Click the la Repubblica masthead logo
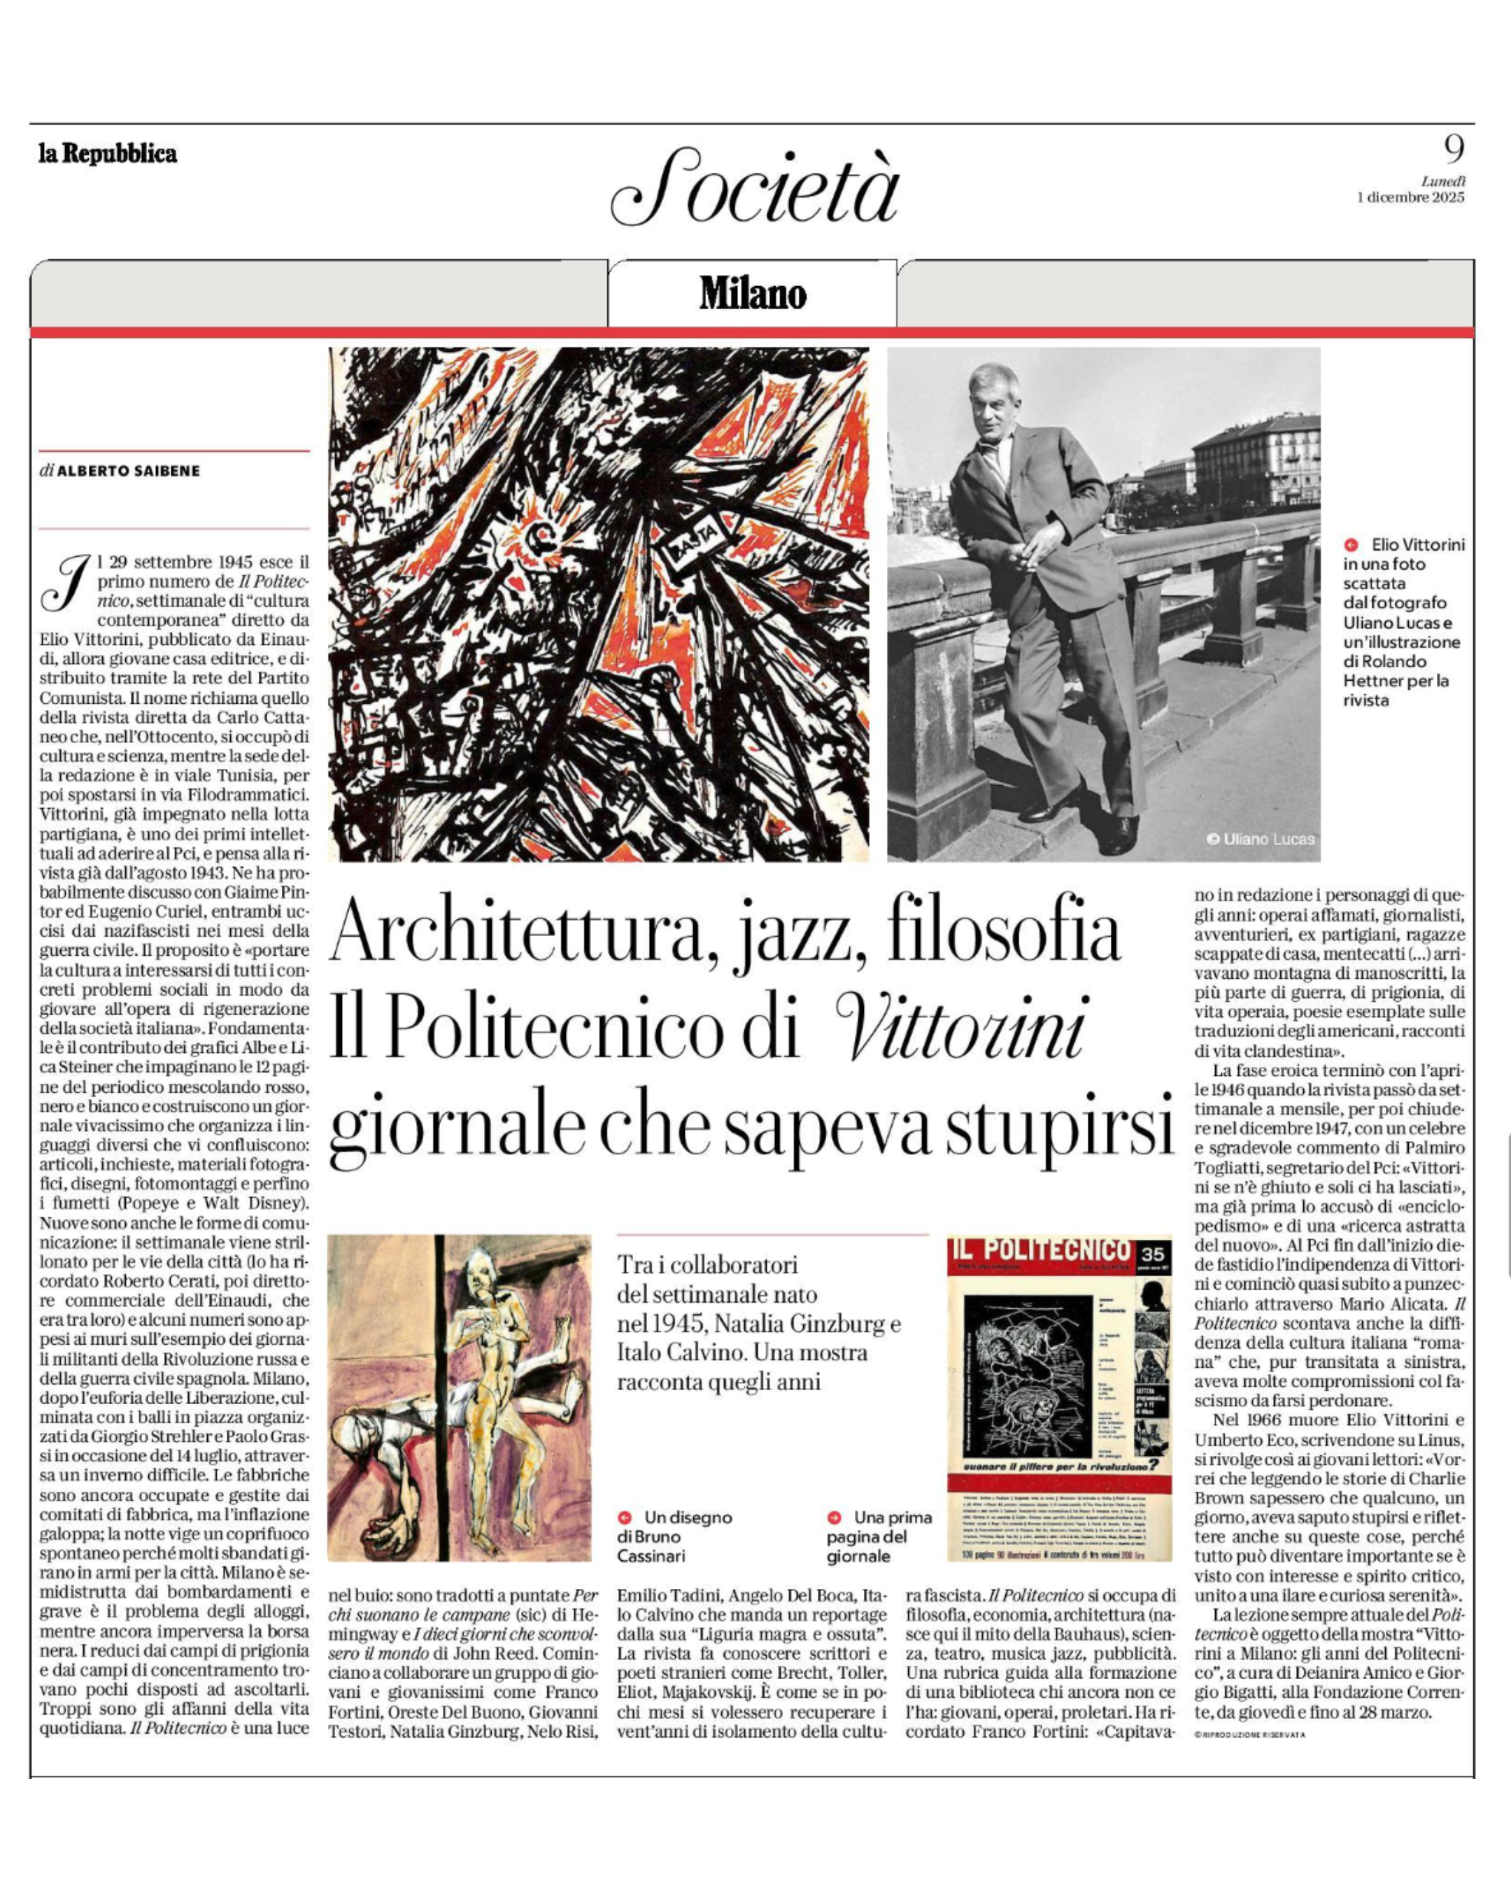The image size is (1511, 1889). (x=108, y=154)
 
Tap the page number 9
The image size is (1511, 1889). (x=1453, y=150)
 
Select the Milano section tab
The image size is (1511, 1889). (x=753, y=294)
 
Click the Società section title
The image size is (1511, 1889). (x=755, y=188)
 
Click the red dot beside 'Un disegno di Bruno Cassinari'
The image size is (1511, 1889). (x=625, y=1517)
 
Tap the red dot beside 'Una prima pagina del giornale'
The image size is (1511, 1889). (x=835, y=1517)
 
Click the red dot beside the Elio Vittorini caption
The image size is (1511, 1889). (x=1351, y=545)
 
